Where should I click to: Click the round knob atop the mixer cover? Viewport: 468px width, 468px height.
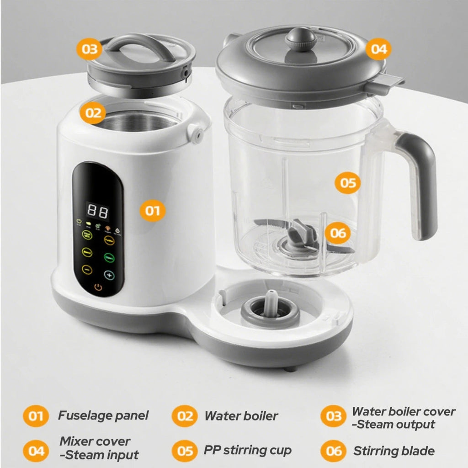[300, 38]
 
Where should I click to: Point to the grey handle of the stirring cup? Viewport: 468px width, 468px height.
[421, 183]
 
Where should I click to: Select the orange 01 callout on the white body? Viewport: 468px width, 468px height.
[153, 210]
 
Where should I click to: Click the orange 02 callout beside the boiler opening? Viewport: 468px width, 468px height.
[93, 112]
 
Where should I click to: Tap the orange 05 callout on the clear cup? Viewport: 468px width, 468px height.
[348, 183]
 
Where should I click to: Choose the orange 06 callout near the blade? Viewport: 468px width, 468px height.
[339, 233]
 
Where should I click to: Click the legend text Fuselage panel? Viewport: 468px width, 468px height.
[103, 415]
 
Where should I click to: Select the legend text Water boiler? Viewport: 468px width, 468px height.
[241, 415]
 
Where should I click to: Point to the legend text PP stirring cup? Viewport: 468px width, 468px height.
[247, 450]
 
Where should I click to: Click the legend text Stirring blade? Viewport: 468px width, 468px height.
[394, 451]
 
